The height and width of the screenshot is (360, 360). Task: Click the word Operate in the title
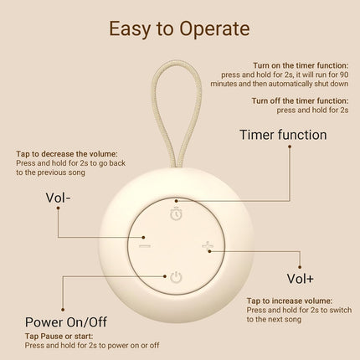214,29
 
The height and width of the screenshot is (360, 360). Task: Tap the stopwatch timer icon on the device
177,213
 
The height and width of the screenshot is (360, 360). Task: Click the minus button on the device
145,246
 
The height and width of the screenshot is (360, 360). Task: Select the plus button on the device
208,245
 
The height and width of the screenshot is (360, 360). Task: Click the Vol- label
58,198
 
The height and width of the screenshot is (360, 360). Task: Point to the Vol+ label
300,279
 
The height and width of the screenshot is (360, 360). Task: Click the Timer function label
283,135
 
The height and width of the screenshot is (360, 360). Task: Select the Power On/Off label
66,322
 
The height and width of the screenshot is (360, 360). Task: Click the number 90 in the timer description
344,75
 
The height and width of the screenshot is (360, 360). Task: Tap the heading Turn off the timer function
300,100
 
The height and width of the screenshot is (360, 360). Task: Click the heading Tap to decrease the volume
67,154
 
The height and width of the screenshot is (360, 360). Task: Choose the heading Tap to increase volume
290,301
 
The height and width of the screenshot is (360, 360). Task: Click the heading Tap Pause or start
59,337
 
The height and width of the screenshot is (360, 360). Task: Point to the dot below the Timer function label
290,147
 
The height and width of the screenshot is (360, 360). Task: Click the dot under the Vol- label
58,208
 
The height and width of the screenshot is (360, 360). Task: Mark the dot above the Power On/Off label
63,310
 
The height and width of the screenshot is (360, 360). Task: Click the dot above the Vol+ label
300,267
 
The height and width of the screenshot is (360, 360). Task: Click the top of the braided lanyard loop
176,62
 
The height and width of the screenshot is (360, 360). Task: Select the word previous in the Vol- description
54,172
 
